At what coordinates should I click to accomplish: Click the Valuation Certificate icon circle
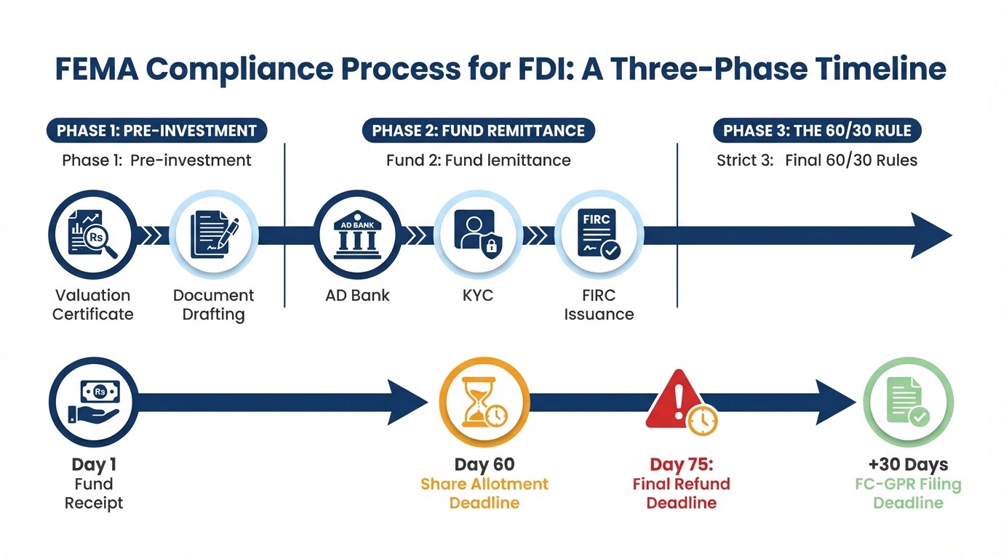(x=92, y=235)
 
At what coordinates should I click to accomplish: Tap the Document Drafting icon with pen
(x=213, y=235)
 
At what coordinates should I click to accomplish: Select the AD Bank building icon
(x=357, y=235)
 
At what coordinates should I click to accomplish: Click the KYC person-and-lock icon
(x=478, y=235)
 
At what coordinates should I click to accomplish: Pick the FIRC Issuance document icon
(x=599, y=235)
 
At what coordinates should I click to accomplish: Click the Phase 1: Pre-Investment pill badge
(x=157, y=131)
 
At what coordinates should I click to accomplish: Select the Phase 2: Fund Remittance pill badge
(x=478, y=131)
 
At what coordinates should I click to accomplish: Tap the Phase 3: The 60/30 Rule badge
(x=817, y=131)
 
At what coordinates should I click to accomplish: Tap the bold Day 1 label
(x=94, y=465)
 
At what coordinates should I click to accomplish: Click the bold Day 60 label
(x=484, y=465)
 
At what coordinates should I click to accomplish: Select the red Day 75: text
(x=681, y=465)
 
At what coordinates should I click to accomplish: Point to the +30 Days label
(x=908, y=465)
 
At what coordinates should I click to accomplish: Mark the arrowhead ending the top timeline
(x=931, y=235)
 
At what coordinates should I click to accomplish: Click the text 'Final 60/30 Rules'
(x=851, y=161)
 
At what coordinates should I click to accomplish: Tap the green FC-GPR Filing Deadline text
(x=908, y=493)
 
